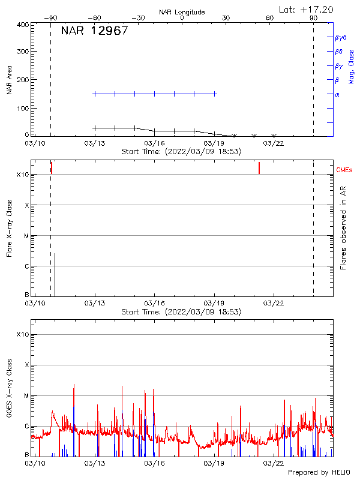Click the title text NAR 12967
[x=94, y=31]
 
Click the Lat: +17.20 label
[x=307, y=9]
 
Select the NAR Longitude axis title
[x=182, y=12]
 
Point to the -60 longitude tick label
[x=94, y=19]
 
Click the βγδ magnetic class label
[x=341, y=37]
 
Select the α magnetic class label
[x=337, y=94]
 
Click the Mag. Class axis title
[x=352, y=67]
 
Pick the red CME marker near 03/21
[x=259, y=168]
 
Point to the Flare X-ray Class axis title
[x=10, y=228]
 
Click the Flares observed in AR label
[x=343, y=228]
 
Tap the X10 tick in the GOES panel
[x=23, y=334]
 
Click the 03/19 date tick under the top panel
[x=214, y=143]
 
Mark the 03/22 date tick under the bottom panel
[x=274, y=463]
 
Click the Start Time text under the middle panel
[x=182, y=312]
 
